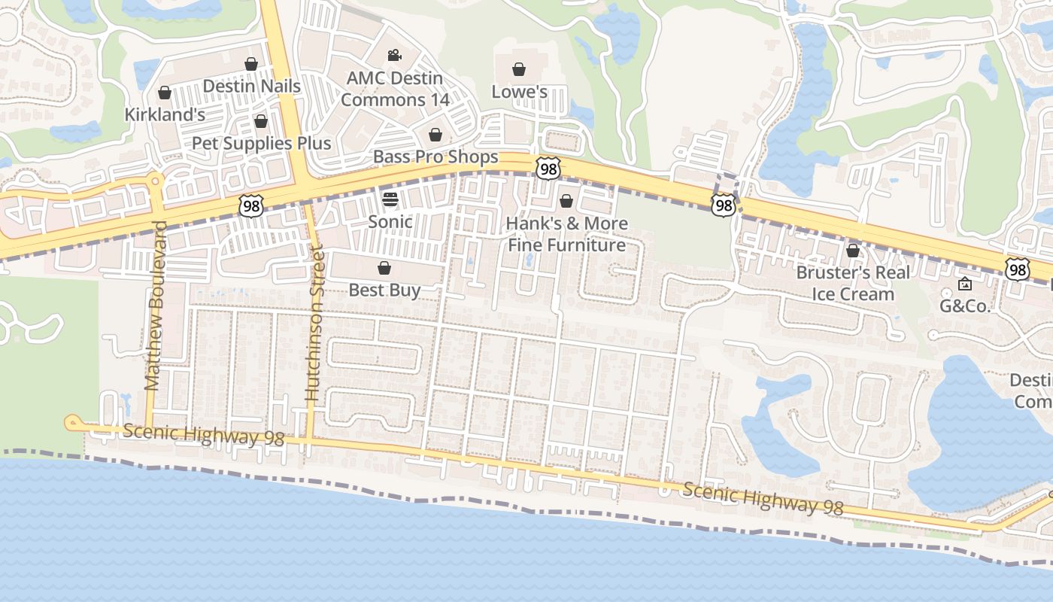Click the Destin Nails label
point(251,86)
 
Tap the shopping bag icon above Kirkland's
point(165,93)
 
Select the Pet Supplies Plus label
point(261,143)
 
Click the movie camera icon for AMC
point(394,55)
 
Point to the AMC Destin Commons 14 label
point(395,89)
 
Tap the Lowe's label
point(519,92)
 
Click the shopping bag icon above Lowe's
point(519,70)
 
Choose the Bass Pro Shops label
point(435,157)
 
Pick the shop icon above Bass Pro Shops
point(435,135)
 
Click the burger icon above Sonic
point(390,199)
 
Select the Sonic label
point(390,221)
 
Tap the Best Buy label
point(384,290)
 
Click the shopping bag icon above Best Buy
point(384,268)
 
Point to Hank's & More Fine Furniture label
point(566,234)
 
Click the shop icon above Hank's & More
point(566,201)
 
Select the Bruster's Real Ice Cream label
point(853,283)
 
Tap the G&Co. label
point(965,306)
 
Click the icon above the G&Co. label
point(965,284)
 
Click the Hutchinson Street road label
point(314,322)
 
